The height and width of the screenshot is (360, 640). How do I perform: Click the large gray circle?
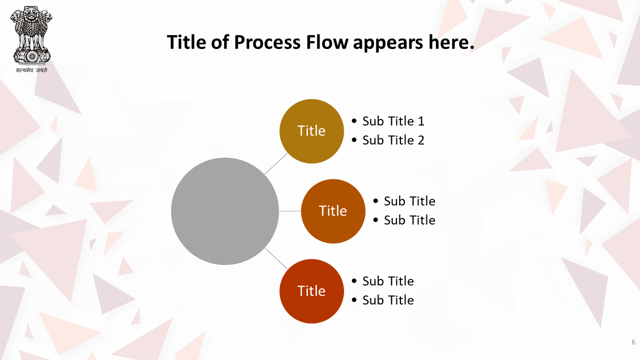(225, 211)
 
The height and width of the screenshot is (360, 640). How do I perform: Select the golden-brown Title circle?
(311, 131)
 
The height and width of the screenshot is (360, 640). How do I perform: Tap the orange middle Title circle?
(333, 211)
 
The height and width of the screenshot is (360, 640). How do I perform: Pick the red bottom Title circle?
(311, 291)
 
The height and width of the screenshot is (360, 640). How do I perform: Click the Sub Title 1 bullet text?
(393, 121)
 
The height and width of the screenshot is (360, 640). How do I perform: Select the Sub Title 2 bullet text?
(393, 140)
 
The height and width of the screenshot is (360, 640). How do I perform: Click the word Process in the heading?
(267, 42)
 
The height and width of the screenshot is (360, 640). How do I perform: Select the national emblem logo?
(31, 35)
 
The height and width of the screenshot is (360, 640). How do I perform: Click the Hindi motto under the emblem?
(31, 70)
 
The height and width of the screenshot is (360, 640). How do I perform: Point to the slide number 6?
(633, 342)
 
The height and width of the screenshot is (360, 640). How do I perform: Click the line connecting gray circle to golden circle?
(276, 163)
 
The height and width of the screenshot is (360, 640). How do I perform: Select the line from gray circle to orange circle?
(290, 211)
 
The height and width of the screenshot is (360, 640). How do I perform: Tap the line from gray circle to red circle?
(276, 258)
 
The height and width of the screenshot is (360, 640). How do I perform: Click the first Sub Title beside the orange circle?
(409, 201)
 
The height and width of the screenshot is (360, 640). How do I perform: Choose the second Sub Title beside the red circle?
(388, 300)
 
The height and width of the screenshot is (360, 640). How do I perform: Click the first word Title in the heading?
(186, 42)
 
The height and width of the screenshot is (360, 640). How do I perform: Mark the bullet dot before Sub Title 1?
(354, 121)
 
